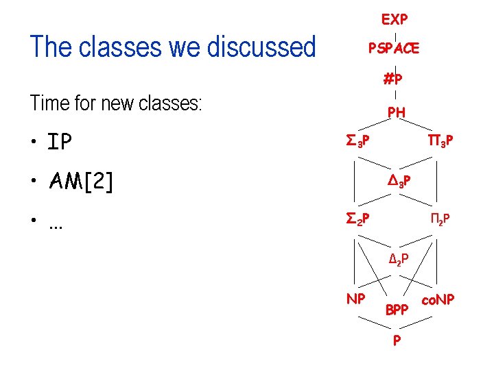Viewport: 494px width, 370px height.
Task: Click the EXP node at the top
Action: pyautogui.click(x=395, y=18)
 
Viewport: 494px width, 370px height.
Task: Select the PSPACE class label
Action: pyautogui.click(x=394, y=49)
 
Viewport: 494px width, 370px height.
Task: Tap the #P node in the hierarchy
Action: pyautogui.click(x=393, y=79)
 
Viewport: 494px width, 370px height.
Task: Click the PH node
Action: pyautogui.click(x=396, y=112)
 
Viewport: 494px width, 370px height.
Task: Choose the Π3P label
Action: pyautogui.click(x=440, y=141)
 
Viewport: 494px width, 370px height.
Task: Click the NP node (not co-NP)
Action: pyautogui.click(x=355, y=299)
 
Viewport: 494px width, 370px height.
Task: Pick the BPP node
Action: pyautogui.click(x=397, y=310)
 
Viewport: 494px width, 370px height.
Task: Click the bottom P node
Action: pyautogui.click(x=397, y=341)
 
